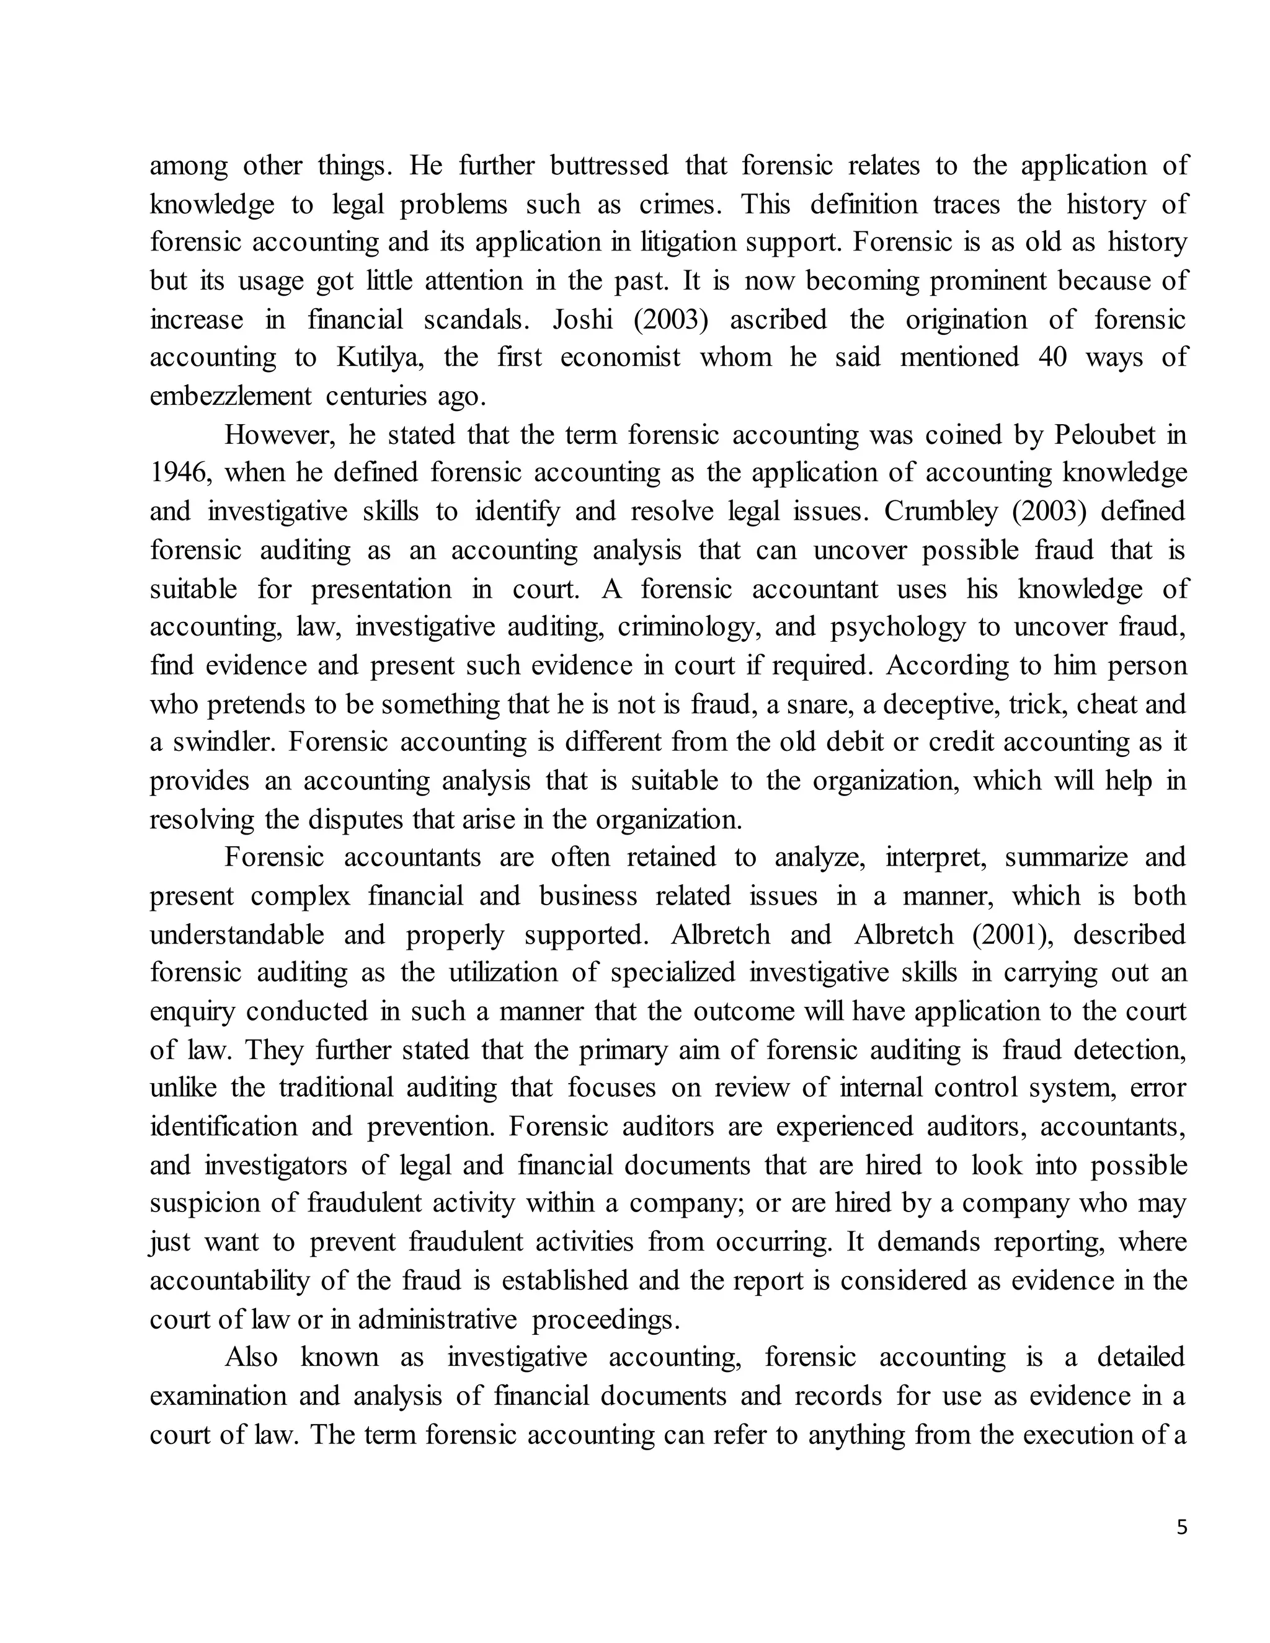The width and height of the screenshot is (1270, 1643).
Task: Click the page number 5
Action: tap(1181, 1527)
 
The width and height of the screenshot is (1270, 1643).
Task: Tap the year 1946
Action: tap(177, 473)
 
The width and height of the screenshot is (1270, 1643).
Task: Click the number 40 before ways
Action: tap(1052, 357)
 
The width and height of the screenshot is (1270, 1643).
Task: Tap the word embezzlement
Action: tap(230, 396)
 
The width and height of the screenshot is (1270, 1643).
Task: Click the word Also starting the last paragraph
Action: tap(251, 1357)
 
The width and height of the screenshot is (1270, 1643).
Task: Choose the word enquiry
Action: tap(193, 1012)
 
